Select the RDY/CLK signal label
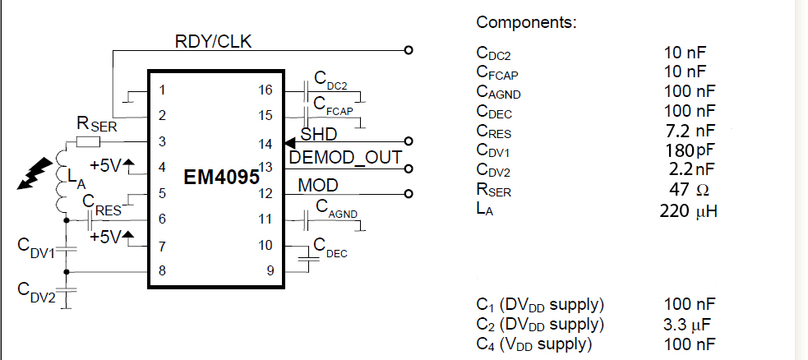[x=213, y=41]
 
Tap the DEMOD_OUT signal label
[x=345, y=158]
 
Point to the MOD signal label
[x=317, y=185]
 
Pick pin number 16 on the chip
[x=265, y=90]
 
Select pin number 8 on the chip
[x=163, y=270]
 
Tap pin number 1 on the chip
[x=163, y=90]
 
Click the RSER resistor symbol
[x=87, y=141]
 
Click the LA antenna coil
[x=63, y=182]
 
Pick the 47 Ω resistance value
[x=690, y=191]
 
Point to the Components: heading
[x=526, y=22]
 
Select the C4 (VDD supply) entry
[x=534, y=344]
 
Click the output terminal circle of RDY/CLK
[x=409, y=50]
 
